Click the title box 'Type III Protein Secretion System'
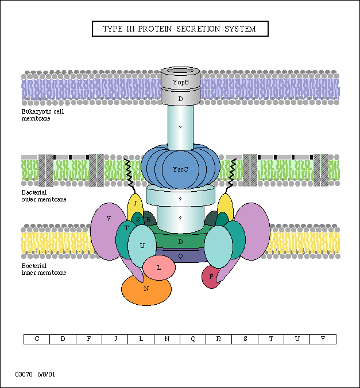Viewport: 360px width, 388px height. pos(180,29)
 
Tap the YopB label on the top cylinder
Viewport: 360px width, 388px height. pos(180,82)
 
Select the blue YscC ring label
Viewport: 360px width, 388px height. pos(180,170)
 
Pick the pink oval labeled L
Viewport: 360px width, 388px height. pos(159,267)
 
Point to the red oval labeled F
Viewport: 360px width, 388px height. pos(211,277)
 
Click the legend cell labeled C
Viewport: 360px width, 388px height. pos(37,339)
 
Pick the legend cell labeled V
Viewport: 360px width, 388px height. pos(323,339)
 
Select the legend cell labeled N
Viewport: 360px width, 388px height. pos(167,339)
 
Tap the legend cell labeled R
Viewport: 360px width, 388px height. pos(219,339)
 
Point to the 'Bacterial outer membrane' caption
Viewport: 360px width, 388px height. pos(44,196)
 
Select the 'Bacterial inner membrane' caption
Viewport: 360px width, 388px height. pos(44,270)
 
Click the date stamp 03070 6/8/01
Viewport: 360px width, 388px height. pos(36,374)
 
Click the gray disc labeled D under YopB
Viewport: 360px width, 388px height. pos(180,99)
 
